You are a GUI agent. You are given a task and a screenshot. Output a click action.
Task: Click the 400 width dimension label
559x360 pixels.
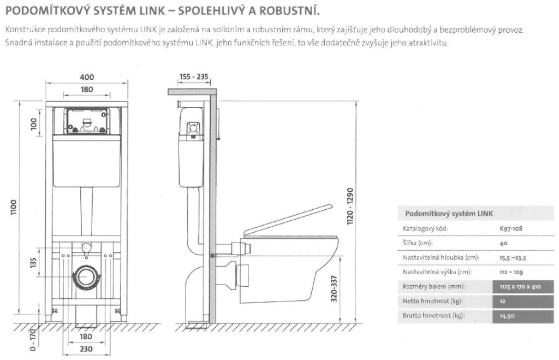pyautogui.click(x=87, y=78)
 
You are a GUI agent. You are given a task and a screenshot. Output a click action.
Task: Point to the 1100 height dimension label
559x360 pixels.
pyautogui.click(x=14, y=208)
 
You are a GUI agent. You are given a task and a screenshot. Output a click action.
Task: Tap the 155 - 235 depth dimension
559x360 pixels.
pyautogui.click(x=194, y=78)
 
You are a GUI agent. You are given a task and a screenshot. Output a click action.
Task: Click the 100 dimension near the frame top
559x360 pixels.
pyautogui.click(x=34, y=124)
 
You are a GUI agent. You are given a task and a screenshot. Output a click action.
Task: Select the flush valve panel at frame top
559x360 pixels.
pyautogui.click(x=87, y=121)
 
